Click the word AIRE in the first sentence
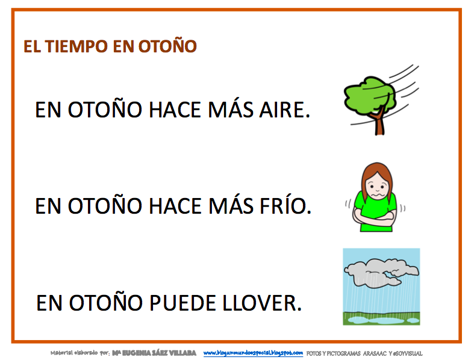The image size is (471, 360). (x=280, y=110)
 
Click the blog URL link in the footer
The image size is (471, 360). (x=253, y=352)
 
